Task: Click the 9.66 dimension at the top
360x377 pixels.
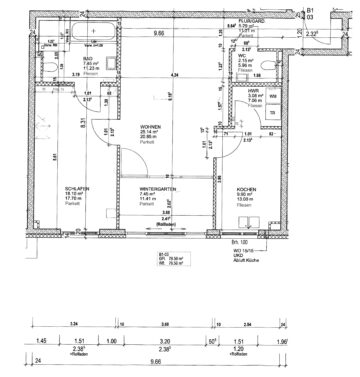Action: tap(158, 32)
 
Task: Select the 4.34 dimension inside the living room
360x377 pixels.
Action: tap(175, 75)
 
